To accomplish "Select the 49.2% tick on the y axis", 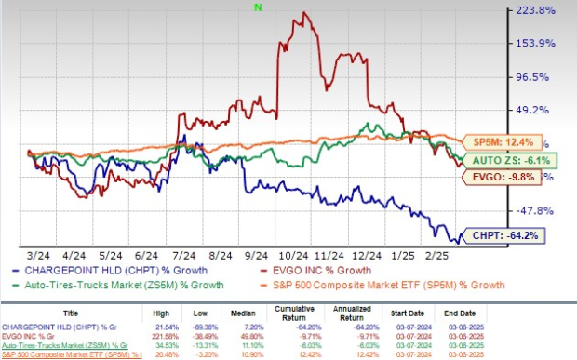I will tap(536, 110).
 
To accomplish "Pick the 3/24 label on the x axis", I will tap(39, 254).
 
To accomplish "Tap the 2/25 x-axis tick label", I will tap(463, 254).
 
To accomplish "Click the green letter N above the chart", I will tap(257, 7).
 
